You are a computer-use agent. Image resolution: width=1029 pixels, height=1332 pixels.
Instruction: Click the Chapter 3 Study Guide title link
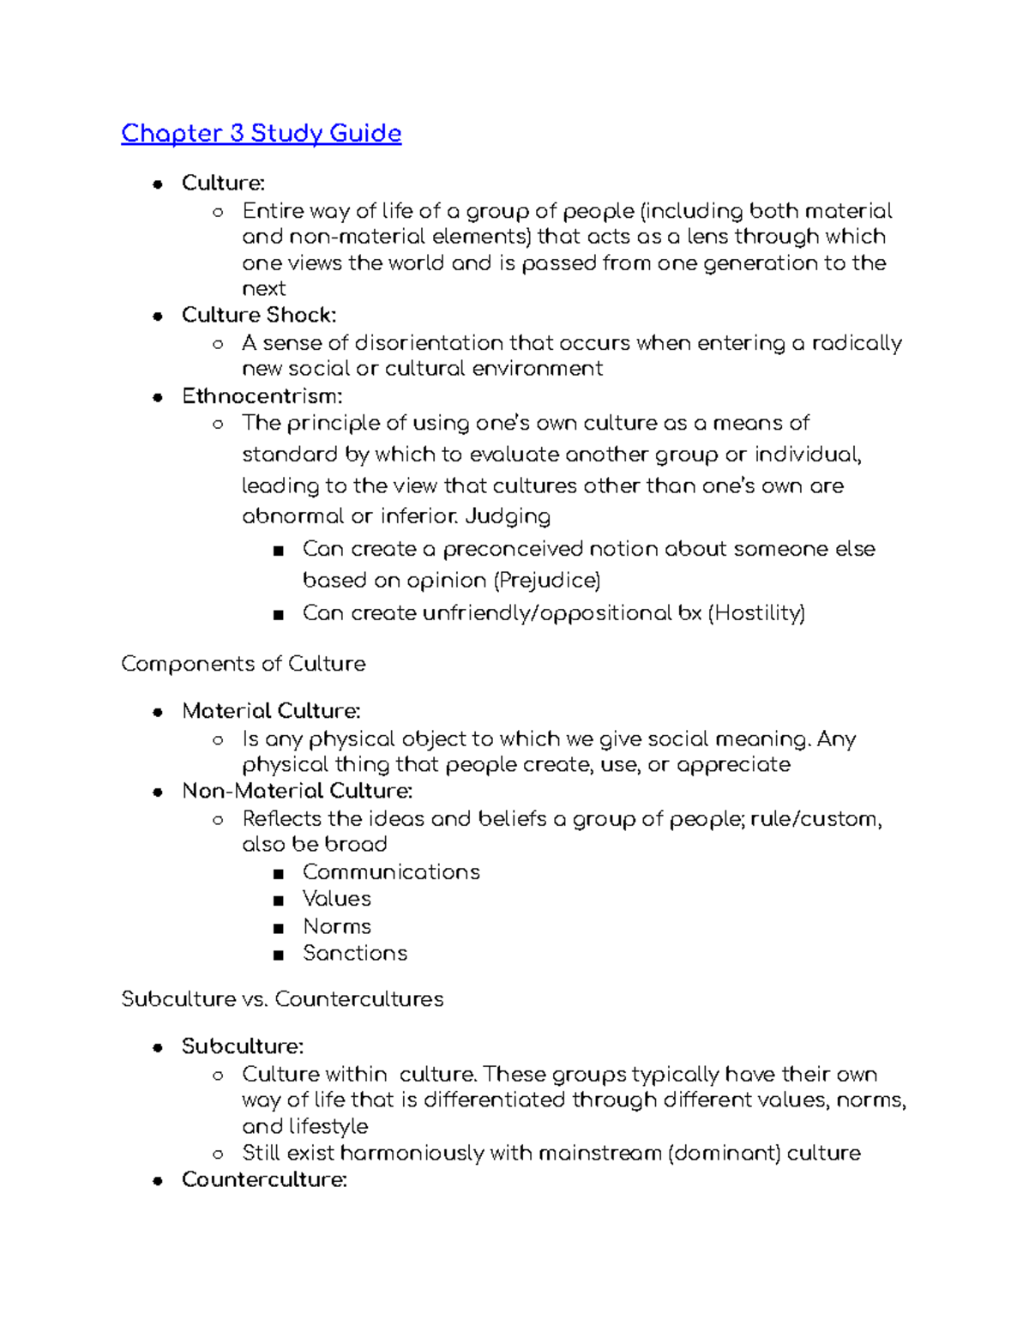point(261,134)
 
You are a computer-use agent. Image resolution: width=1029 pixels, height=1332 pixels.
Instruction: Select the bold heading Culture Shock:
point(259,315)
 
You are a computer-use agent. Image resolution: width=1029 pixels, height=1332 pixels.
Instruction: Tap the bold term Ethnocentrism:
point(262,396)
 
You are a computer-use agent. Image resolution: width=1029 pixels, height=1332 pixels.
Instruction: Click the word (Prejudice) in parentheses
point(546,581)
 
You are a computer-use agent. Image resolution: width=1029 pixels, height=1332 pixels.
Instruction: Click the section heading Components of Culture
point(244,664)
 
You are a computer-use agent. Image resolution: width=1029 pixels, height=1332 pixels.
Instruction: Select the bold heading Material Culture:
point(271,711)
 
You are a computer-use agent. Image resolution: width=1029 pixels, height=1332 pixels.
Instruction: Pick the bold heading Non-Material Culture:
point(297,791)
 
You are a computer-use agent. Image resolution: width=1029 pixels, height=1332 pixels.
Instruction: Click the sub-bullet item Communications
point(391,872)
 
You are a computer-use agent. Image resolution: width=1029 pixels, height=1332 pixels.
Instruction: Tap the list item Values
point(337,899)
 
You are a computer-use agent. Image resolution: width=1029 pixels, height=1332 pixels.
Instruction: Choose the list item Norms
point(337,926)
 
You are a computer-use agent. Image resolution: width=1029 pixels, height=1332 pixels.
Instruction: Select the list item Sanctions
point(355,953)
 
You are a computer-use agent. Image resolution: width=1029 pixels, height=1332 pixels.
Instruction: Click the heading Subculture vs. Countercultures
point(282,999)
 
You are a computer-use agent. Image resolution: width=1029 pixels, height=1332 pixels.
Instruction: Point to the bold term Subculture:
point(243,1046)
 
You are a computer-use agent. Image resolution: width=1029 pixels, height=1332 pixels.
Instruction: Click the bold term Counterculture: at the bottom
point(264,1180)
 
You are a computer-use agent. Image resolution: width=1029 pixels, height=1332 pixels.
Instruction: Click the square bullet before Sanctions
point(278,955)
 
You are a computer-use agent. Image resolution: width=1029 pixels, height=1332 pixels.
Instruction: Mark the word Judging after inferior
point(508,516)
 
